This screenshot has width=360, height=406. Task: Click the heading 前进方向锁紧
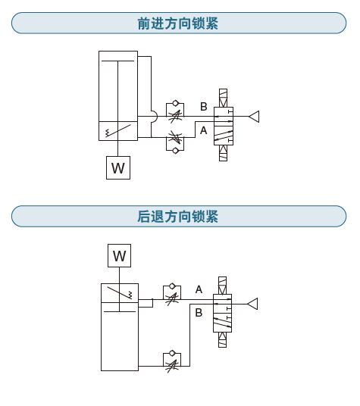177,23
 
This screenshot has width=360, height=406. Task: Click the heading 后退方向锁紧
177,217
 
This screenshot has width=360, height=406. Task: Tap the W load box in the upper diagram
118,168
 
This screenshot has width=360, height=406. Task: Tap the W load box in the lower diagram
120,255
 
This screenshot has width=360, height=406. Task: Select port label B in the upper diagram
204,106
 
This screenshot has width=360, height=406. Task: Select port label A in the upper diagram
204,130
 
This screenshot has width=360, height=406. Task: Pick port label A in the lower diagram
199,289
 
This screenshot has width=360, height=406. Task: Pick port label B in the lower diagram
199,313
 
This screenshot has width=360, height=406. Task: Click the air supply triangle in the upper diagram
255,116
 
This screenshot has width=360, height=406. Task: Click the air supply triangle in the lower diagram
253,304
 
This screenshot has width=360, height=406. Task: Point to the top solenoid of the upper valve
223,98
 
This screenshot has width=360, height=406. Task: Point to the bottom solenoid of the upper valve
223,153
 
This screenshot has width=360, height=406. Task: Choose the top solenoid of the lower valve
222,286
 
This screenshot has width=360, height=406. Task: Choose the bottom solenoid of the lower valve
222,339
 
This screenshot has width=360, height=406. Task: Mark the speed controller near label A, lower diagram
172,295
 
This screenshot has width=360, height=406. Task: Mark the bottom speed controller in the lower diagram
172,361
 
